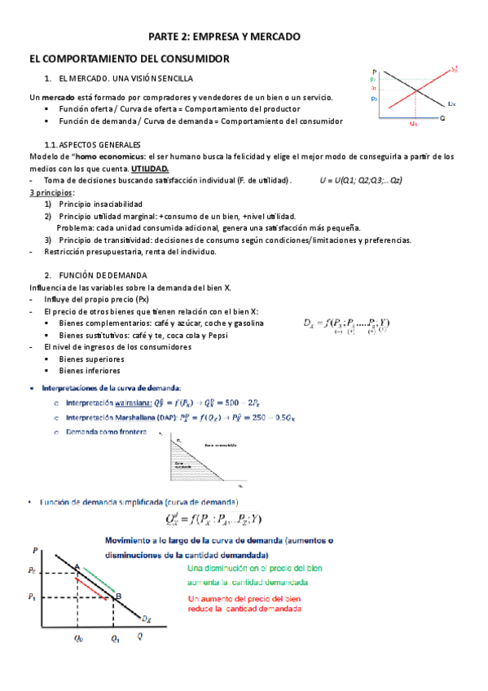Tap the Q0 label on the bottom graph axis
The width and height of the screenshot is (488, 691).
pyautogui.click(x=77, y=638)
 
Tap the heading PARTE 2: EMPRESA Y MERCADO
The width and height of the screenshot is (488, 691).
pyautogui.click(x=224, y=37)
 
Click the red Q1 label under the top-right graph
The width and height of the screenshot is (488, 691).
pyautogui.click(x=414, y=124)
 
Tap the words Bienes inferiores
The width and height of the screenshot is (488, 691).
pyautogui.click(x=91, y=370)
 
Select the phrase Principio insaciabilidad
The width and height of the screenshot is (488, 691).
pyautogui.click(x=100, y=204)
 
